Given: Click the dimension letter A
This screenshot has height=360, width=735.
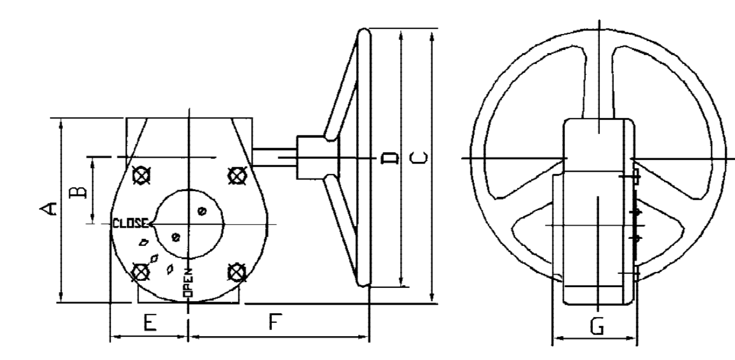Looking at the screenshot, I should [x=49, y=209].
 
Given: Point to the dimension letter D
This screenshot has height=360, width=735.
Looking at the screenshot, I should [x=390, y=157].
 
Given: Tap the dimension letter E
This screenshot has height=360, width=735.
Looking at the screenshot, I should [x=150, y=322].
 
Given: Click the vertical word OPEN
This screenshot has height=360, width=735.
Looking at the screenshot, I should [x=188, y=282].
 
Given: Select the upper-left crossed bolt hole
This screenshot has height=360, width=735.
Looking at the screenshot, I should [x=142, y=175].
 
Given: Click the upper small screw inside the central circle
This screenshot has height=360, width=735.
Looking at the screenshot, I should [x=201, y=211].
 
